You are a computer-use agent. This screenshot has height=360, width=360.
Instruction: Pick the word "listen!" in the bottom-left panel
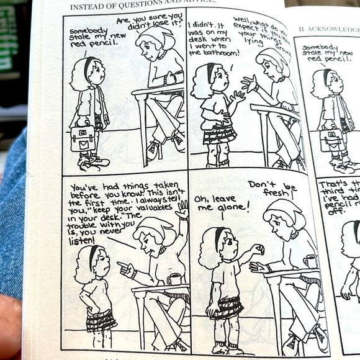pos(83,240)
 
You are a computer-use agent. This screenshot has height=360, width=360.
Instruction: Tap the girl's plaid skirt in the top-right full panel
pos(219,133)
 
